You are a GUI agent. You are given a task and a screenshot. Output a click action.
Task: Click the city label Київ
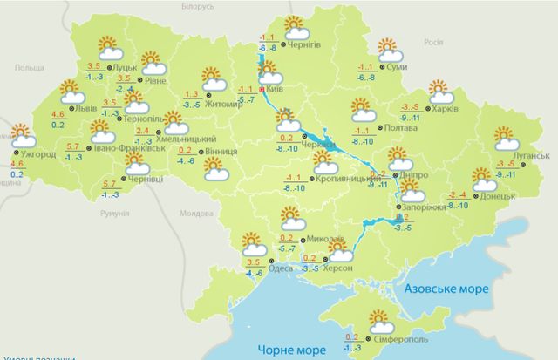[x=275, y=90]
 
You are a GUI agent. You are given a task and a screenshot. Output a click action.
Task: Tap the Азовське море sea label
[x=446, y=289]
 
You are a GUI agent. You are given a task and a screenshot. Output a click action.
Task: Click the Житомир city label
[x=224, y=105]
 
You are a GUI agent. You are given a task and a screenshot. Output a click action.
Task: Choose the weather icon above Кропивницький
[x=325, y=163]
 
